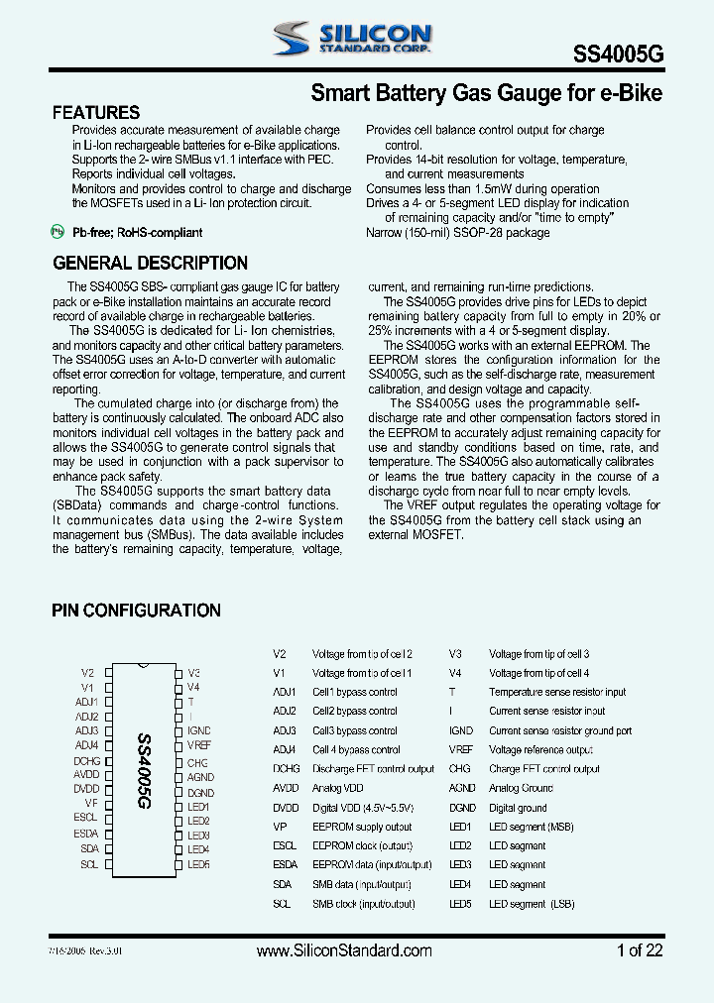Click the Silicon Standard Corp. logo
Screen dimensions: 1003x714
pos(351,39)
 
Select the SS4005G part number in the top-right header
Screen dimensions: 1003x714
pos(619,57)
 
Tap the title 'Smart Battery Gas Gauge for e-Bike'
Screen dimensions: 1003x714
pos(486,94)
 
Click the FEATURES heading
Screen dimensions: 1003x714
pos(96,113)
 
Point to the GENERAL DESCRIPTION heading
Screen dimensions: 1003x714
pos(150,264)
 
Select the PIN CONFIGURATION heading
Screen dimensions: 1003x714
pos(136,611)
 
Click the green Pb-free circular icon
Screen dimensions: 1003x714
pos(57,232)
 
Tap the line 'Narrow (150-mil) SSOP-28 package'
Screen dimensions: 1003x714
pos(457,233)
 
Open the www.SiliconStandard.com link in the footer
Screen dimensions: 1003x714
pos(344,950)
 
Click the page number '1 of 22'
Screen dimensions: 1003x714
pos(640,950)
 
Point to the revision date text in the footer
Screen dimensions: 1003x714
pos(88,950)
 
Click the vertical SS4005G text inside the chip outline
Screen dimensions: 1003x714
pos(142,772)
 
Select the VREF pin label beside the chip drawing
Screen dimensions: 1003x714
pos(199,744)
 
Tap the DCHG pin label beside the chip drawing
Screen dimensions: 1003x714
pos(86,761)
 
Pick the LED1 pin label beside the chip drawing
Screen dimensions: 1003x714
pos(198,807)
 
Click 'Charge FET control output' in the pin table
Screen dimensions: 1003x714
pos(543,769)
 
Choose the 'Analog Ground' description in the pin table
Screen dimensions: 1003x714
pos(521,788)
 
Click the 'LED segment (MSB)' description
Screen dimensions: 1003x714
pos(531,827)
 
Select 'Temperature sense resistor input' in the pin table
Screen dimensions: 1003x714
pos(557,692)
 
